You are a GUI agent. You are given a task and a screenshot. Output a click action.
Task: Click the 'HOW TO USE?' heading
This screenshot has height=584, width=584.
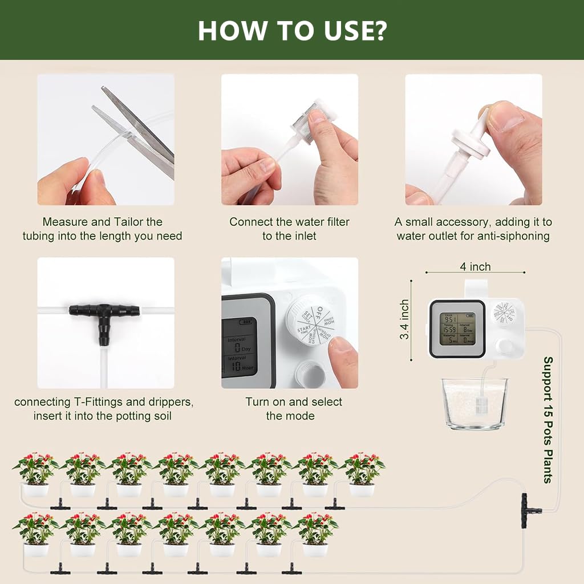[x=292, y=30]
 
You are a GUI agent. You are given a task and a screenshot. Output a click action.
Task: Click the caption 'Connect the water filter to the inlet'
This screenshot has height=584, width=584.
[x=289, y=229]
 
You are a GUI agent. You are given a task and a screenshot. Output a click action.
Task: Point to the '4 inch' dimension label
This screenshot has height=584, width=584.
[x=475, y=266]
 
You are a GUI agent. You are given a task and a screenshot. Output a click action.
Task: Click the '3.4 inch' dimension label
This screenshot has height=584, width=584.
[x=405, y=319]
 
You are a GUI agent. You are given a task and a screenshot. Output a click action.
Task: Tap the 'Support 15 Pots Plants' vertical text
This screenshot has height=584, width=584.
[x=547, y=419]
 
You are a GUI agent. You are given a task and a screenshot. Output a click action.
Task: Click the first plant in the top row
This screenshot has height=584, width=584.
[x=35, y=473]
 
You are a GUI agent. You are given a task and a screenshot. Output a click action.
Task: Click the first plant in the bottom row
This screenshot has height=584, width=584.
[x=35, y=534]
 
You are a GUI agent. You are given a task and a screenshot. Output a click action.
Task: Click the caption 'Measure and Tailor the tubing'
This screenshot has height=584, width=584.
[x=103, y=229]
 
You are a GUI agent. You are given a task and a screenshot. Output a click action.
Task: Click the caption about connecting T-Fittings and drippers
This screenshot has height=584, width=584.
[x=103, y=408]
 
